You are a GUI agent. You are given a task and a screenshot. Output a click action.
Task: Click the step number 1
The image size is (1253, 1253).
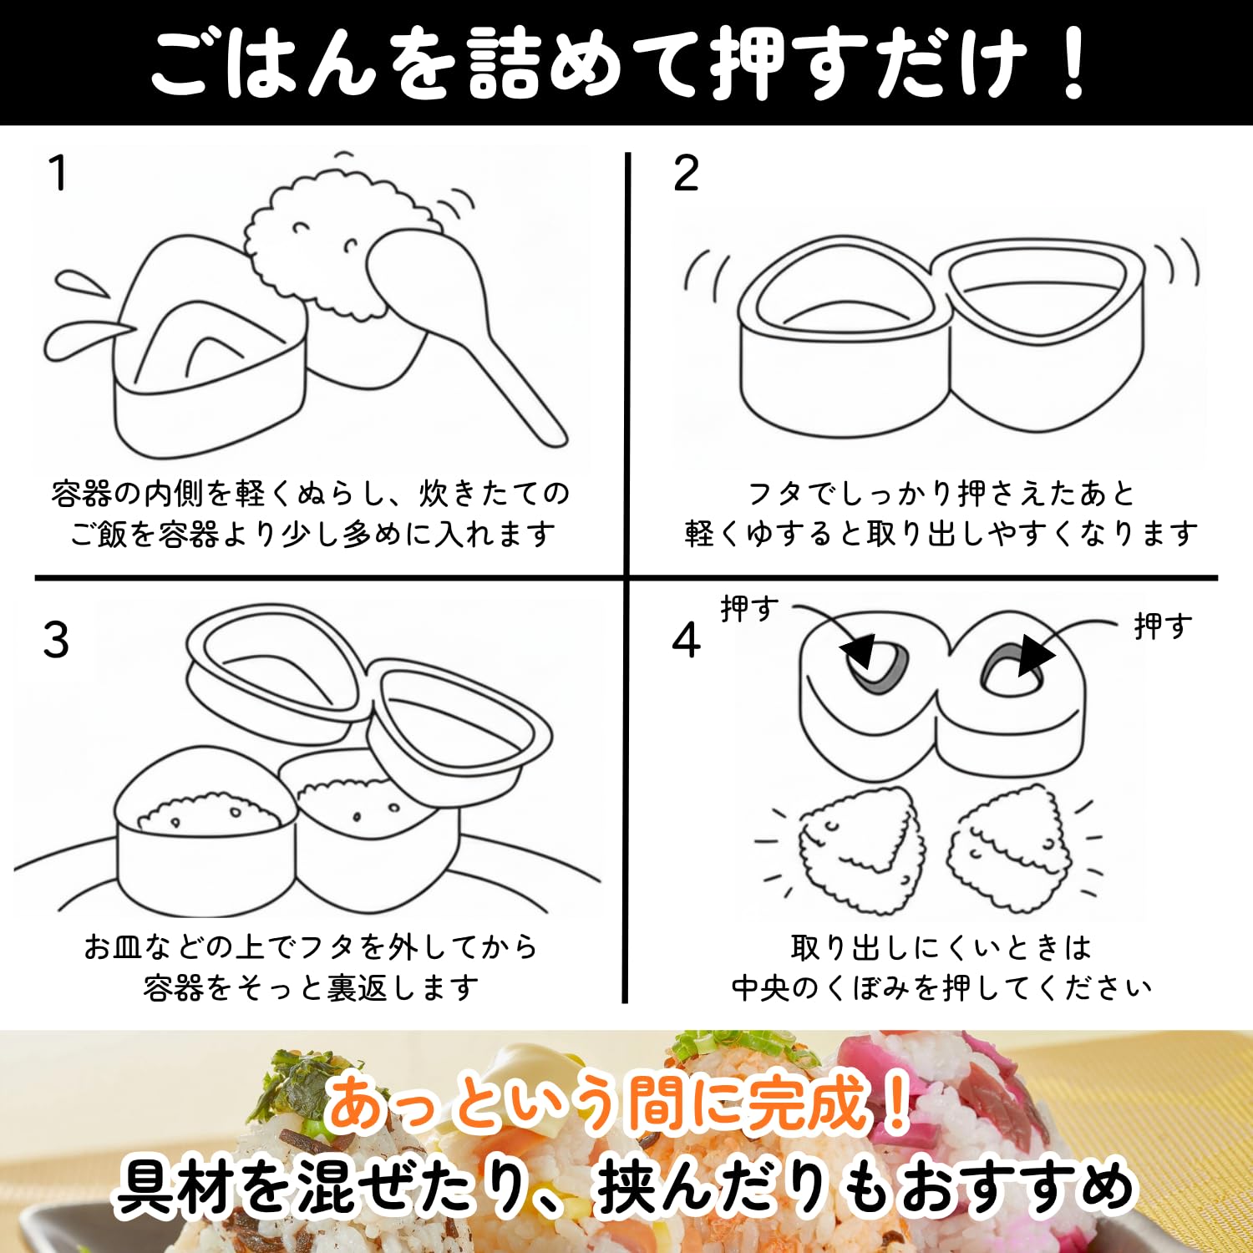[58, 173]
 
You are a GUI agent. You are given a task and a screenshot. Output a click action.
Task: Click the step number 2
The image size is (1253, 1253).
[686, 173]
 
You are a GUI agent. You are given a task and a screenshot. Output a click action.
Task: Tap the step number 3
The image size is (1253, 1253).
[56, 640]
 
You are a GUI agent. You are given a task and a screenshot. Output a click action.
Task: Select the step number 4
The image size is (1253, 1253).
[686, 640]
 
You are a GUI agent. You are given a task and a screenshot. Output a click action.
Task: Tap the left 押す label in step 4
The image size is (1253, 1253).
[749, 608]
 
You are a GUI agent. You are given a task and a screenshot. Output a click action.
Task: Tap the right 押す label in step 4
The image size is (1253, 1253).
[1162, 625]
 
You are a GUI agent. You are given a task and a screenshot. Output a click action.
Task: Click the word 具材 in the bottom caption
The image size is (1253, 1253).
[173, 1188]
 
